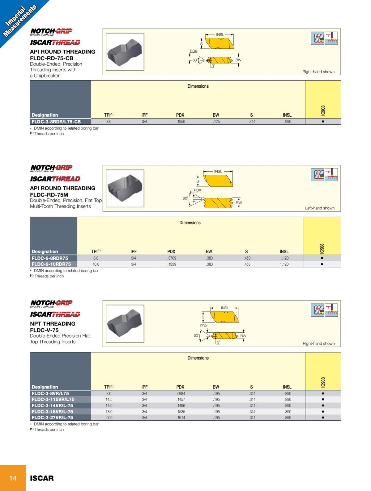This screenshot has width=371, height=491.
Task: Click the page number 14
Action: click(x=13, y=478)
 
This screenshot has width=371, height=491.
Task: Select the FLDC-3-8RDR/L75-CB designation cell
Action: click(x=56, y=122)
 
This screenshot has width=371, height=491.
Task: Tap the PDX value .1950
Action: click(x=181, y=122)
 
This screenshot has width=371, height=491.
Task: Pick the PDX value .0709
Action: click(x=172, y=258)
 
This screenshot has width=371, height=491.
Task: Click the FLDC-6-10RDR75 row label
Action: click(x=51, y=264)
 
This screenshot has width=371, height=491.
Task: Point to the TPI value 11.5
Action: click(x=109, y=399)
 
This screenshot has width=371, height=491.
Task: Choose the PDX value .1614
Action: click(x=181, y=418)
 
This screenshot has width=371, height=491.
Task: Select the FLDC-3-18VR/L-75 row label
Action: click(x=53, y=412)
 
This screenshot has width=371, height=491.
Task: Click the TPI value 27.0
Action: click(x=109, y=418)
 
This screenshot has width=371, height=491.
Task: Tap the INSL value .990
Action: click(x=288, y=122)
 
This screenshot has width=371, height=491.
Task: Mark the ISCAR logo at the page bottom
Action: click(x=42, y=478)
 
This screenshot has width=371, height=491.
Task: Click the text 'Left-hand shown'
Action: click(x=320, y=208)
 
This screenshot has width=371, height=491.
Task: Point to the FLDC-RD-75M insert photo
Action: click(x=125, y=189)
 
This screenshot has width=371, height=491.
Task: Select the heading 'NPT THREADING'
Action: click(x=53, y=324)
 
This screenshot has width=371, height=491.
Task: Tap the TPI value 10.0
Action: click(x=96, y=264)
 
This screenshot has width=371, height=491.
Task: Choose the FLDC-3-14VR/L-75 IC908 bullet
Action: click(x=323, y=406)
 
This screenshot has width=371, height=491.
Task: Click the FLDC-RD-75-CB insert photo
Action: click(x=125, y=52)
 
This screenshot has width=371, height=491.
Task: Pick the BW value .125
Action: click(x=216, y=122)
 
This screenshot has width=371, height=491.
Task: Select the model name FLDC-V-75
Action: click(x=44, y=330)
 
